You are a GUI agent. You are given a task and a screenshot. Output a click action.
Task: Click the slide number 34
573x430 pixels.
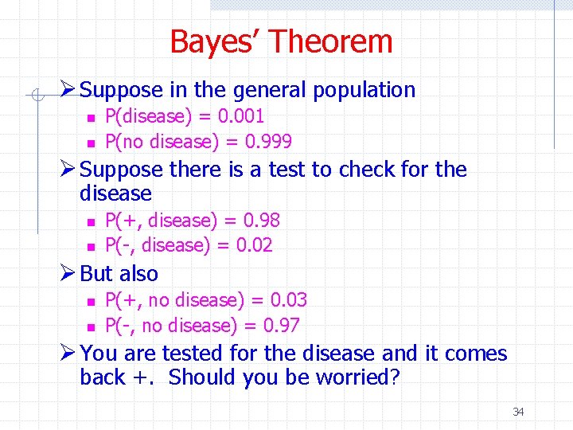click(x=518, y=412)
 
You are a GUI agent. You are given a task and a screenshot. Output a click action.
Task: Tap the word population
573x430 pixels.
click(x=364, y=90)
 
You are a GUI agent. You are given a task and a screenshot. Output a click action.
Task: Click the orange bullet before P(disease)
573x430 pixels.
click(x=91, y=118)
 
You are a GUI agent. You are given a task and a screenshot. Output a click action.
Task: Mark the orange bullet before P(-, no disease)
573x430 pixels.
click(x=91, y=326)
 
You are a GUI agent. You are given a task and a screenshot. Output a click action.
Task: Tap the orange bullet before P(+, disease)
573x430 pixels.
click(x=91, y=221)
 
